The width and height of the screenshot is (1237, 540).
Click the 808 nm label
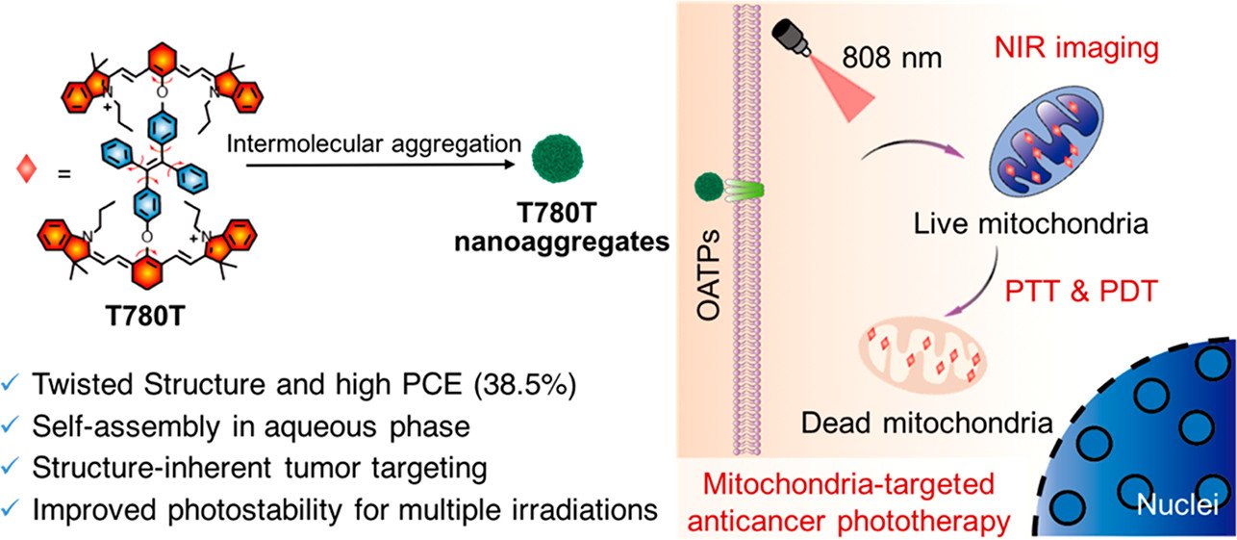tap(892, 57)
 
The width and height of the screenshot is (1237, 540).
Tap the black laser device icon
tap(791, 37)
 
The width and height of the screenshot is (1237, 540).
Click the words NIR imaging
tap(1076, 47)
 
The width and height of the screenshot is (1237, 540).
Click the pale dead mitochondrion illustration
tap(922, 354)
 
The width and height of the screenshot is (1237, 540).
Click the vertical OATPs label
tap(709, 275)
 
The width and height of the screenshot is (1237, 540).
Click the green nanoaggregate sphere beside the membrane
tap(709, 187)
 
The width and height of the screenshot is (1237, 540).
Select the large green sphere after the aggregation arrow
tap(557, 158)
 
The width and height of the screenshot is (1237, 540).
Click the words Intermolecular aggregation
tap(374, 144)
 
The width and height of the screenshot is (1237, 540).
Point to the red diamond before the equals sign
tap(27, 169)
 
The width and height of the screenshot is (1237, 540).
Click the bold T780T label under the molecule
tap(145, 316)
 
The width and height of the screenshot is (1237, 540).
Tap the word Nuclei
tap(1178, 504)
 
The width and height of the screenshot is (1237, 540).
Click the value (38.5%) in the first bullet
tap(525, 384)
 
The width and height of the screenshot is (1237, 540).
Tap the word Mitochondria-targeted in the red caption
tap(848, 485)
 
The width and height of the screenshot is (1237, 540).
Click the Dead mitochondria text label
tap(927, 424)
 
